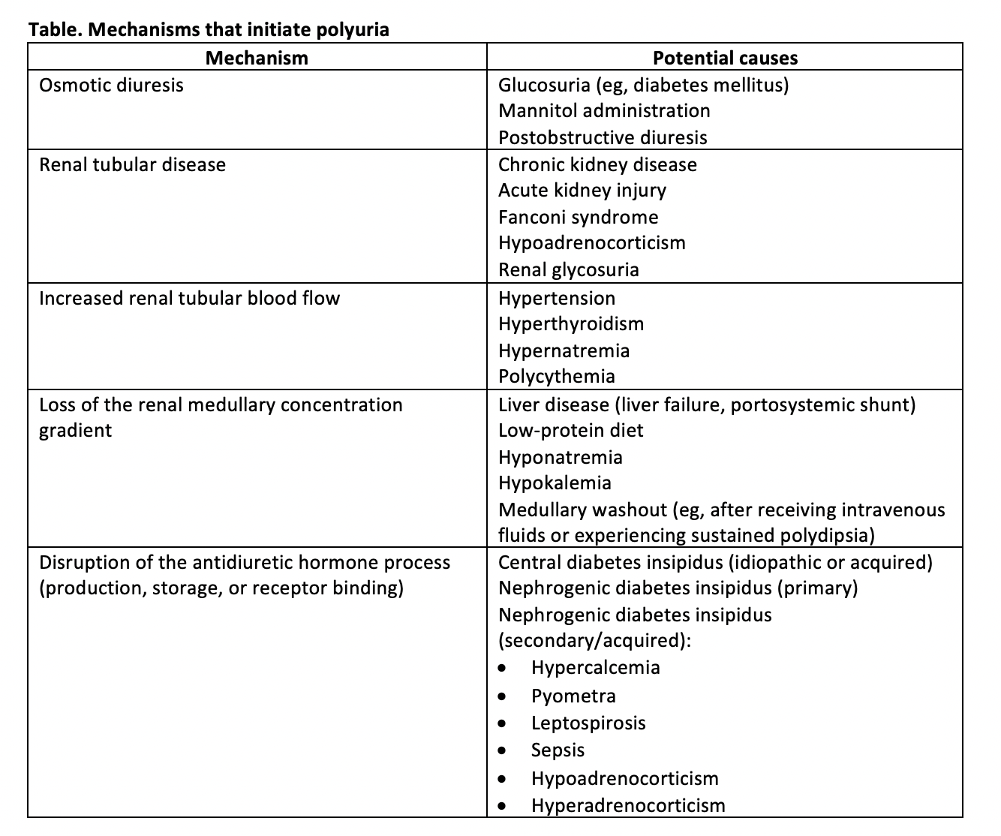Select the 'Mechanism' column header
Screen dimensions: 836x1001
pyautogui.click(x=257, y=58)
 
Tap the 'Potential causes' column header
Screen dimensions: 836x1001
pyautogui.click(x=725, y=58)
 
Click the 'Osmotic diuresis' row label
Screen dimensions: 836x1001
pyautogui.click(x=111, y=85)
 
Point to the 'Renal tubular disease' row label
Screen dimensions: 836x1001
pyautogui.click(x=132, y=164)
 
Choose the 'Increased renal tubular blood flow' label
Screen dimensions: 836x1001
pyautogui.click(x=189, y=298)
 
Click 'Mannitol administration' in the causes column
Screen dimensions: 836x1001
pyautogui.click(x=604, y=110)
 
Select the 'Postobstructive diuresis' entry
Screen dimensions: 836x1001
pyautogui.click(x=603, y=137)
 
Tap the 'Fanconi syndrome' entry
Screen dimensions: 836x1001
pyautogui.click(x=578, y=217)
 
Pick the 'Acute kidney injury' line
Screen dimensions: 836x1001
pyautogui.click(x=582, y=190)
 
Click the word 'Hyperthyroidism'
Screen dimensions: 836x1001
pyautogui.click(x=571, y=323)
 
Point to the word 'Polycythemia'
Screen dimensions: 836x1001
pyautogui.click(x=557, y=376)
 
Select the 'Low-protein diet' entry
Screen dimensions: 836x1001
pyautogui.click(x=570, y=430)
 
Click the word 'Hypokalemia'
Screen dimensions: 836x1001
pyautogui.click(x=555, y=483)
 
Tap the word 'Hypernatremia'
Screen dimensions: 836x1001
pyautogui.click(x=564, y=350)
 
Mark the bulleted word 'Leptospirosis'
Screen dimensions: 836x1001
pyautogui.click(x=588, y=723)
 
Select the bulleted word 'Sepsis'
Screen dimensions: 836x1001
pyautogui.click(x=558, y=750)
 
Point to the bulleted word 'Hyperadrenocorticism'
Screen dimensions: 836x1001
pyautogui.click(x=628, y=805)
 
